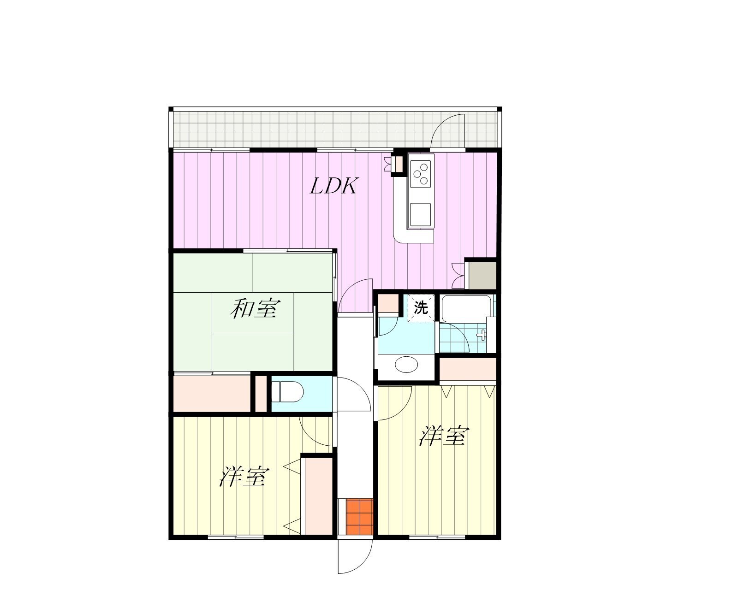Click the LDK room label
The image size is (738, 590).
point(334,187)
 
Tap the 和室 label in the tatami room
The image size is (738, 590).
point(255,308)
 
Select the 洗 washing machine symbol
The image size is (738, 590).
point(421,308)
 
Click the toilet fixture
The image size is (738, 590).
point(287,392)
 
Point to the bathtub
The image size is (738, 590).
point(466,308)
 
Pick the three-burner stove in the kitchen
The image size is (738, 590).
point(421,174)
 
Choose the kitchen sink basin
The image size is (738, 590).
point(421,215)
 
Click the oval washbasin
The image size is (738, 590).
point(406,364)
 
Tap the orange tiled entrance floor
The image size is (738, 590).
point(359,517)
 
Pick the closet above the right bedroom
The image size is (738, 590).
point(468,369)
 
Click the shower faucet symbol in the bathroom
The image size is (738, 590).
point(482,335)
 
